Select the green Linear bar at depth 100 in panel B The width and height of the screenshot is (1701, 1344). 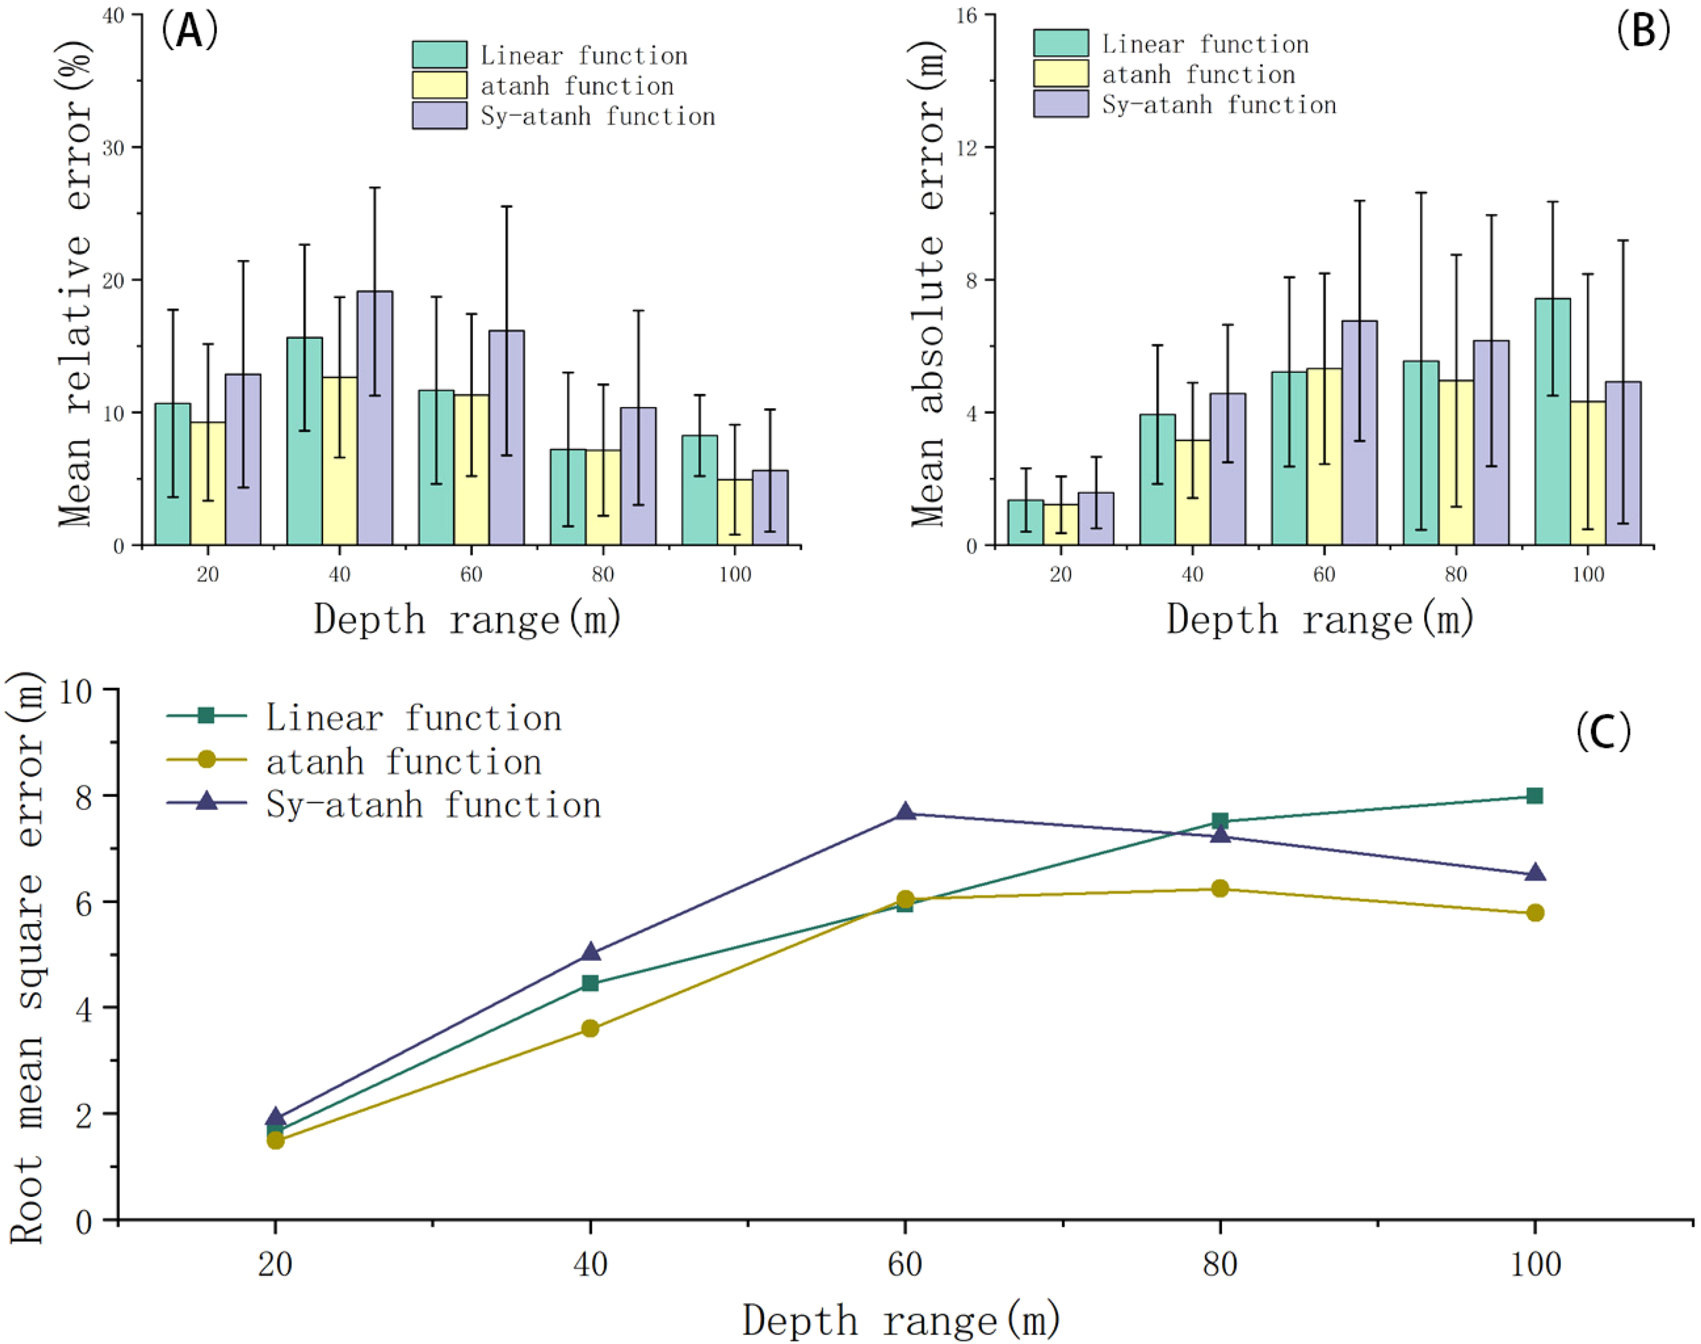coord(1552,422)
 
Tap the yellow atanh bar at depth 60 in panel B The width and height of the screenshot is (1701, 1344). coord(1324,457)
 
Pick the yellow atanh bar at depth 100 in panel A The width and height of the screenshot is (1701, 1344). coord(734,512)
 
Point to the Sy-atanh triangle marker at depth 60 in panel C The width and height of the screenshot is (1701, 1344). coord(906,812)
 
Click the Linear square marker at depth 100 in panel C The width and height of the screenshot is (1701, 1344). coord(1534,796)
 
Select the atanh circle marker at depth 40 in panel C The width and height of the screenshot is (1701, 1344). coord(590,1028)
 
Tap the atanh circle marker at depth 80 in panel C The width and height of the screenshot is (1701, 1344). coord(1220,888)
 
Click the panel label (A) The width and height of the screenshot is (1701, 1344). coord(189,32)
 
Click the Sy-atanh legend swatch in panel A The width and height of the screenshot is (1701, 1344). coord(439,116)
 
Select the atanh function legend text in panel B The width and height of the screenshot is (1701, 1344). coord(1198,75)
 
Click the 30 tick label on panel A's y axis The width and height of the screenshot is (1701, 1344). coord(114,147)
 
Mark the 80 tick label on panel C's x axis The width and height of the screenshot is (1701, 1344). coord(1220,1264)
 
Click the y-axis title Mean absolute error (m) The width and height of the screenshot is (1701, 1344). coord(928,283)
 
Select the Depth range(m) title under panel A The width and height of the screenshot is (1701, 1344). coord(467,619)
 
